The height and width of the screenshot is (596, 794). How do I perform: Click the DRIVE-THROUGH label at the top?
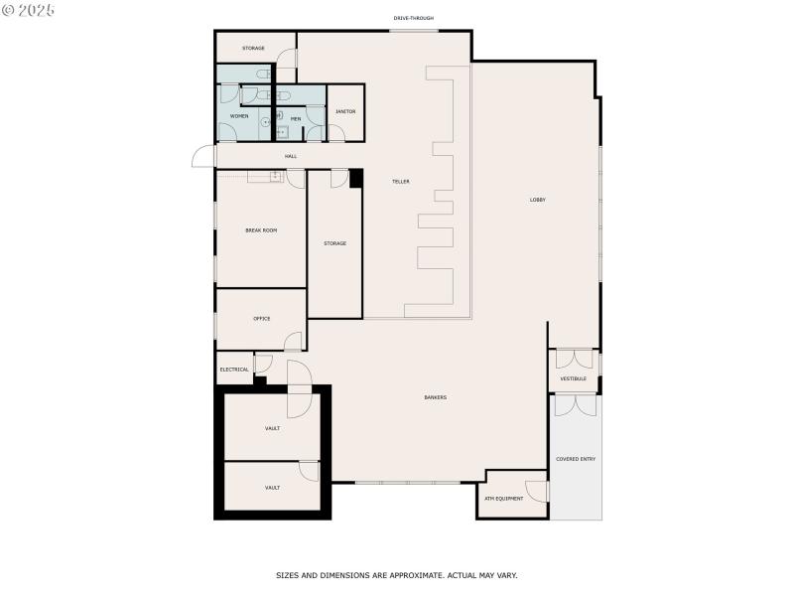(x=413, y=18)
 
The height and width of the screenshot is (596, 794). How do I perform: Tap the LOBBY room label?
(x=537, y=200)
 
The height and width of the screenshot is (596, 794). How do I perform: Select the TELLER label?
(x=401, y=181)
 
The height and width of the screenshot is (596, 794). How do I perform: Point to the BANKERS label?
(x=435, y=397)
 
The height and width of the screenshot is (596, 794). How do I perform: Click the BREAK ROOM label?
(x=261, y=230)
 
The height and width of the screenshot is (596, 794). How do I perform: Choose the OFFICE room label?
(x=261, y=319)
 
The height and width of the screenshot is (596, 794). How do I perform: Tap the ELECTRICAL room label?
(x=234, y=370)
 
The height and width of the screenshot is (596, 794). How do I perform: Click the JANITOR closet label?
(x=345, y=111)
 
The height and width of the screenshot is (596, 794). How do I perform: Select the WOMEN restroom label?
(x=239, y=116)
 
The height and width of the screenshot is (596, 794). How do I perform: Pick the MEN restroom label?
(x=295, y=118)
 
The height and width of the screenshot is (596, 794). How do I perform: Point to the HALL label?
(x=291, y=156)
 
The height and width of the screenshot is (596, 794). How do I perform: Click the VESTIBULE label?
(x=573, y=378)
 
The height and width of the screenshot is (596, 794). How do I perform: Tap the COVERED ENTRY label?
(x=576, y=459)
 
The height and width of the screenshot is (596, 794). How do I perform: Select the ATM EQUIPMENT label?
(x=503, y=499)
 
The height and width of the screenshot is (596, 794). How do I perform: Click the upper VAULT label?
(x=272, y=428)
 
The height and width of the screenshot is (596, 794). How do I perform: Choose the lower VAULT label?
(x=272, y=488)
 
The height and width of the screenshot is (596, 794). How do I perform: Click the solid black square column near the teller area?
(x=356, y=178)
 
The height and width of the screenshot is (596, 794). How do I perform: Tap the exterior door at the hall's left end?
(x=203, y=157)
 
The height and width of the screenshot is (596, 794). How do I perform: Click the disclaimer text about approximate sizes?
(x=396, y=575)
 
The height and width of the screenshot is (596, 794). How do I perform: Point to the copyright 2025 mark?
(x=28, y=9)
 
